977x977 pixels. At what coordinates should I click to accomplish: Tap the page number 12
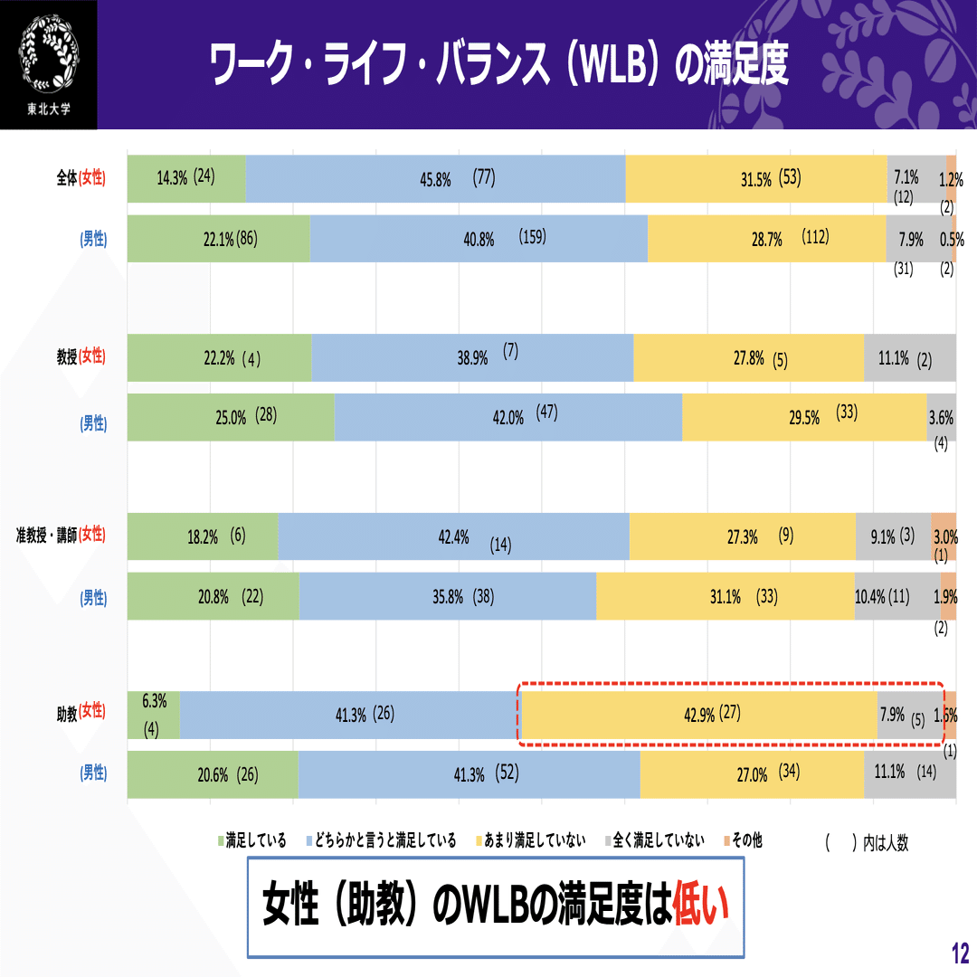click(960, 953)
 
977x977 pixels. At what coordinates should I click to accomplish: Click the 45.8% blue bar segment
click(435, 179)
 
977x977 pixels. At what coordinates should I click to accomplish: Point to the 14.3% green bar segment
click(186, 179)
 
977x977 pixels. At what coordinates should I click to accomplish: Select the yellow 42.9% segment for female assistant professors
click(699, 715)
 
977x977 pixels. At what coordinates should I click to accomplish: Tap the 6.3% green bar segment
click(154, 715)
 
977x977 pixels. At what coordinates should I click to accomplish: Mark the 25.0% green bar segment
click(231, 417)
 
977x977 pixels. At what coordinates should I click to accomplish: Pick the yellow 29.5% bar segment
click(804, 417)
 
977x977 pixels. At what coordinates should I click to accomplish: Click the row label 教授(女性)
click(81, 356)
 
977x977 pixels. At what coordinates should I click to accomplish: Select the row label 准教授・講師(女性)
click(60, 535)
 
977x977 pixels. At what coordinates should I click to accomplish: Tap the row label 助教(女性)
click(81, 713)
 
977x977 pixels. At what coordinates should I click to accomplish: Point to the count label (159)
click(533, 238)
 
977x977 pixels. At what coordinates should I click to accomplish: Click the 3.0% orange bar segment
click(944, 536)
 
